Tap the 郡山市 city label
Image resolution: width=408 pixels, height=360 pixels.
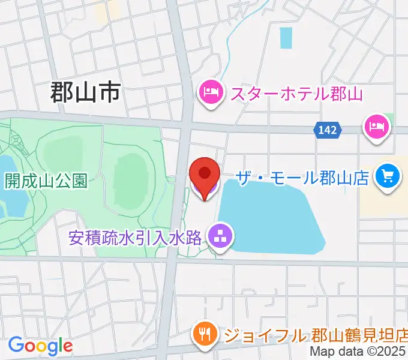coord(85,93)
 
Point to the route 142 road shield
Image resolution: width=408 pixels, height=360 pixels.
coord(328,129)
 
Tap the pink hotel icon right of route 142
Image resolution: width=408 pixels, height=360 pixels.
coord(376,127)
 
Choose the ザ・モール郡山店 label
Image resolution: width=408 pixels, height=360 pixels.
coord(302,178)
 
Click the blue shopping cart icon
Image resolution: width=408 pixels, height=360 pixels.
coord(388,177)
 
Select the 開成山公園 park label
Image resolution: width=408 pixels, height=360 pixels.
coord(46,181)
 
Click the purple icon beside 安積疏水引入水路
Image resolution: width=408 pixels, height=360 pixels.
coord(220,236)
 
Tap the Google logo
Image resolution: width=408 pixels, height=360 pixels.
coord(40,346)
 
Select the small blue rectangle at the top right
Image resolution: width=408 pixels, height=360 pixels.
coord(286,38)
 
